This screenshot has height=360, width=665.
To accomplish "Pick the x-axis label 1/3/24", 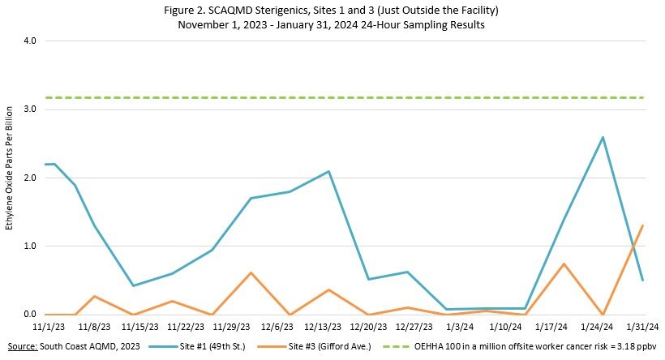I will [x=462, y=327].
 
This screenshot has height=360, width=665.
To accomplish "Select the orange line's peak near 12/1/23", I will [x=251, y=272].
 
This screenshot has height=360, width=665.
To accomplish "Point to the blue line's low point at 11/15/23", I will [x=133, y=285].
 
